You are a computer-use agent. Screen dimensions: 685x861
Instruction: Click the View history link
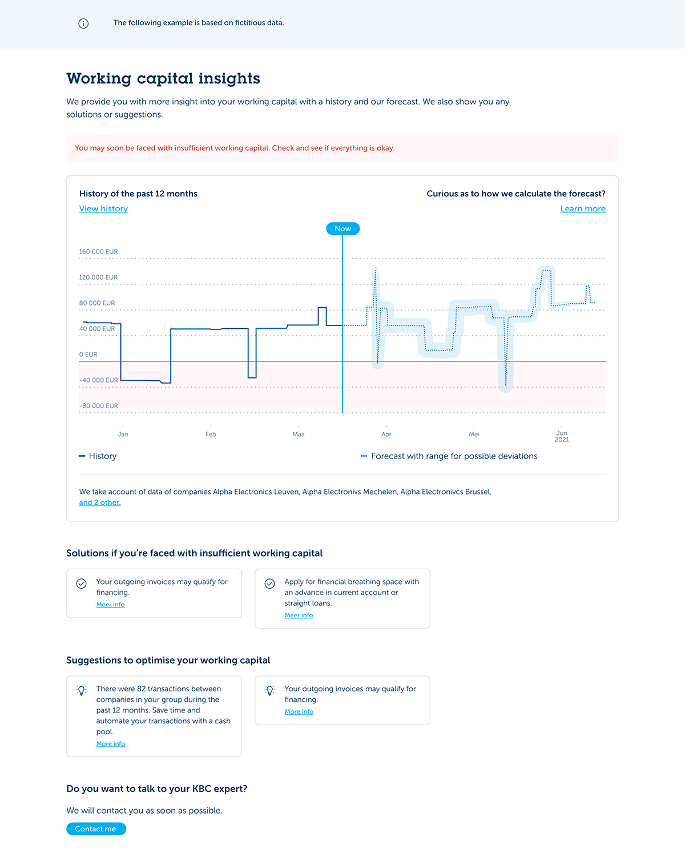click(103, 208)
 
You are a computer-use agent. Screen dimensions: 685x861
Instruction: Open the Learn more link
click(583, 208)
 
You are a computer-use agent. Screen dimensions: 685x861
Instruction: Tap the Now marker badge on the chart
click(343, 228)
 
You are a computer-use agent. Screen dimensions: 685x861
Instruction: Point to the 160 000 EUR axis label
click(98, 252)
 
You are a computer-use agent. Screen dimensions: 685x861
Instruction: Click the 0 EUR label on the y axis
click(88, 355)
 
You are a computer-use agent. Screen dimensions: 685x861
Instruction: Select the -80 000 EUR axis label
click(98, 406)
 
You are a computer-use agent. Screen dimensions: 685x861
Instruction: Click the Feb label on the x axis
click(211, 434)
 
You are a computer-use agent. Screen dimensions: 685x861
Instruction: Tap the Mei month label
click(474, 434)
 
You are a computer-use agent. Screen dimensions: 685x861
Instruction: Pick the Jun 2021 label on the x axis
click(562, 436)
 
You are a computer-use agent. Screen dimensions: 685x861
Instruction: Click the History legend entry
click(98, 456)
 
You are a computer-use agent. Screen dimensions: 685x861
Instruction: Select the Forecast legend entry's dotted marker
click(364, 456)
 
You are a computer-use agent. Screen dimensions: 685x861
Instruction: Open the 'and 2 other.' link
click(100, 502)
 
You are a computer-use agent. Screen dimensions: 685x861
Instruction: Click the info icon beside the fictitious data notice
click(83, 23)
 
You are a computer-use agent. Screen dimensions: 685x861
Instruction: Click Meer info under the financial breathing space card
click(299, 615)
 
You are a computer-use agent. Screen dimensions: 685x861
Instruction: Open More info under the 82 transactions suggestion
click(110, 744)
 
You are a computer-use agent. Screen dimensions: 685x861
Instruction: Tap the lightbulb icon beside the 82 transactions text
click(81, 690)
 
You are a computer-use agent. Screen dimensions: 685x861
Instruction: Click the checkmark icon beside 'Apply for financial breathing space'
click(269, 584)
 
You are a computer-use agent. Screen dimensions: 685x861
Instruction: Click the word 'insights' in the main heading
click(229, 78)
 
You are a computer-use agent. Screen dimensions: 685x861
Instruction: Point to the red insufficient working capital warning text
click(235, 148)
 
